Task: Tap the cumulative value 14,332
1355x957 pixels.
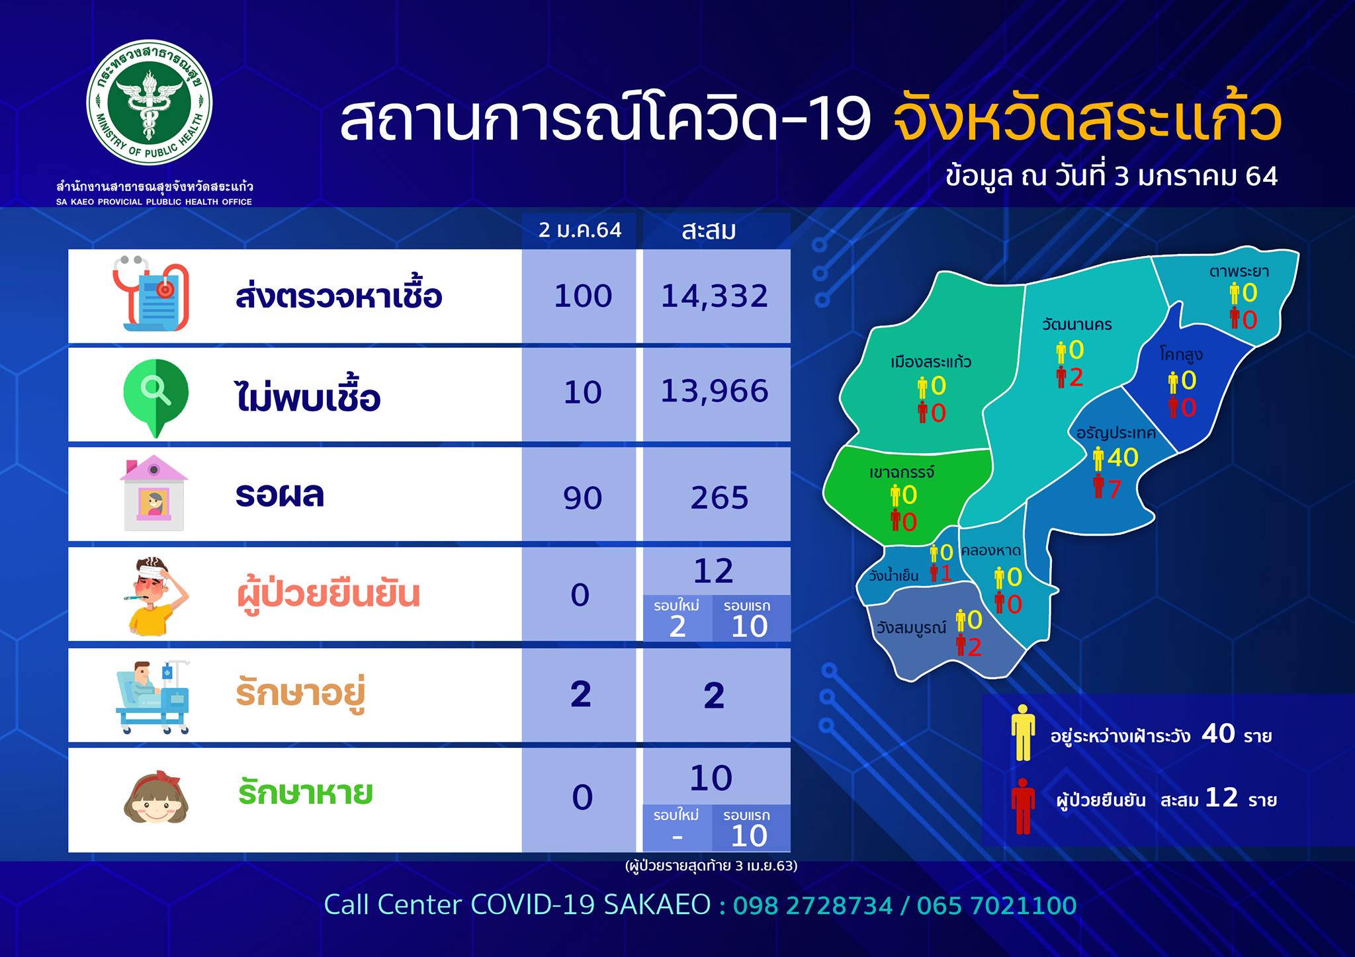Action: point(715,296)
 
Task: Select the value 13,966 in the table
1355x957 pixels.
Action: point(715,392)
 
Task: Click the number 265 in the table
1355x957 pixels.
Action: point(719,498)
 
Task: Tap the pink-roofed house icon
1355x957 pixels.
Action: point(153,493)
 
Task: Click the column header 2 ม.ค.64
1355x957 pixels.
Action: point(580,230)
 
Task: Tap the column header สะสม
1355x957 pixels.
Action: point(709,231)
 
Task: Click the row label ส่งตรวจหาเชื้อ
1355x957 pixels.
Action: point(339,296)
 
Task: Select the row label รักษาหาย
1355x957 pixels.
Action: point(305,793)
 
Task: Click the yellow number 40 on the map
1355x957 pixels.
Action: point(1123,457)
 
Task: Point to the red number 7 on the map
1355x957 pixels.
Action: point(1115,489)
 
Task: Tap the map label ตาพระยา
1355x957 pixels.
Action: point(1239,270)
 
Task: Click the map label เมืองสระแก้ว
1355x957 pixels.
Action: point(931,362)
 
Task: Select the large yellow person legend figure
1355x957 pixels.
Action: point(1023,732)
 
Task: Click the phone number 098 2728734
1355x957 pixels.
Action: point(813,905)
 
